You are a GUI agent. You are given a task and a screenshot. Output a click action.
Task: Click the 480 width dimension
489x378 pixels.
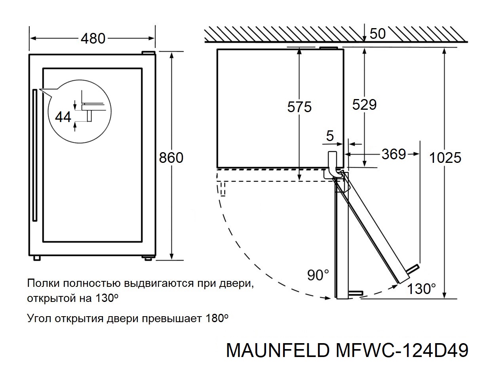click(x=93, y=38)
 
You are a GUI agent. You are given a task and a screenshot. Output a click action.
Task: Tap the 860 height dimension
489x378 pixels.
click(x=171, y=158)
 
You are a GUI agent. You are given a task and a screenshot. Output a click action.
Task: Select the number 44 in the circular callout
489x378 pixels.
click(x=63, y=117)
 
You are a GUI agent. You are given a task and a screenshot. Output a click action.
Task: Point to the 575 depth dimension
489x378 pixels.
click(x=299, y=107)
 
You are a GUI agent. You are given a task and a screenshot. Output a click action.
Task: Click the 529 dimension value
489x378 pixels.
click(x=364, y=105)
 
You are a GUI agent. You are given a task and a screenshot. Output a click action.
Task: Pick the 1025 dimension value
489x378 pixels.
click(x=445, y=158)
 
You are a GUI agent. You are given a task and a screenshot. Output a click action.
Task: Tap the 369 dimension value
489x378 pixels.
click(x=394, y=154)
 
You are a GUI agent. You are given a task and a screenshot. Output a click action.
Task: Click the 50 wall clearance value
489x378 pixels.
click(x=377, y=34)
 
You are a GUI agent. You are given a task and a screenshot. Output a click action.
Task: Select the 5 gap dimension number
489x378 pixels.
click(x=329, y=137)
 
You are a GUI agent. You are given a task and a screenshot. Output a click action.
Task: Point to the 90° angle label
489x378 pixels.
click(x=318, y=275)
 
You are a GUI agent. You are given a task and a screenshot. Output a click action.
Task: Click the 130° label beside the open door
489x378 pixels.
click(x=422, y=289)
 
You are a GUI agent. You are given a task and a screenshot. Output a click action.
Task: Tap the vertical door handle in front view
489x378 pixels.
click(x=34, y=155)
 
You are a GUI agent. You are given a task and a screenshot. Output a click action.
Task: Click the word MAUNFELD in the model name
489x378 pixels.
click(x=277, y=351)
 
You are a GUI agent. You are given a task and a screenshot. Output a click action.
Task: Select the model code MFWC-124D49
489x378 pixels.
click(x=401, y=351)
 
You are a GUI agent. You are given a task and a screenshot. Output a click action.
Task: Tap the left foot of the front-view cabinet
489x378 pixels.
click(x=37, y=258)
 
